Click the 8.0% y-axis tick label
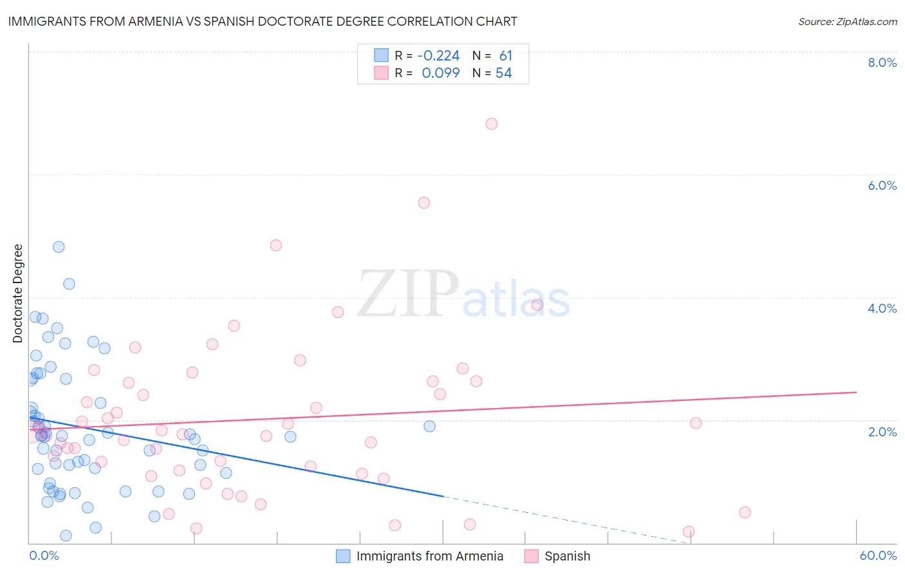tap(882, 62)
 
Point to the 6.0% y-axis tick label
tap(882, 185)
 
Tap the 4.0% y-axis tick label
tap(882, 308)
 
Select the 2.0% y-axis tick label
tap(882, 432)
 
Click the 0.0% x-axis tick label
tap(44, 555)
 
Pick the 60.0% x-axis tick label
tap(877, 555)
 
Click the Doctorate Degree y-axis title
tap(18, 293)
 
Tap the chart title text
tap(263, 21)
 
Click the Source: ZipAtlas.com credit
tap(847, 22)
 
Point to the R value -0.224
tap(438, 56)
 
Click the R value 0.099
tap(440, 73)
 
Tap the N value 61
tap(505, 56)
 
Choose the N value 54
tap(503, 73)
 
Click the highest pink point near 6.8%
tap(492, 124)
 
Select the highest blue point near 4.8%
tap(59, 246)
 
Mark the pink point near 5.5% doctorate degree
tap(424, 203)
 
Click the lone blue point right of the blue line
tap(429, 426)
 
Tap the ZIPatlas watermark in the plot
tap(463, 295)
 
